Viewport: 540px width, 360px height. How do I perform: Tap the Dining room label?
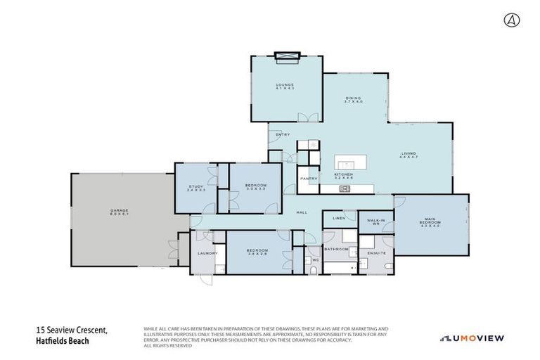353,98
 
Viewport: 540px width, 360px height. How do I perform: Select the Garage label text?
117,209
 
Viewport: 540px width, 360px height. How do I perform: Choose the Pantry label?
309,179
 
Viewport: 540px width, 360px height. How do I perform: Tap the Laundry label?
206,252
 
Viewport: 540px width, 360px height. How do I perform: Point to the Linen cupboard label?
337,219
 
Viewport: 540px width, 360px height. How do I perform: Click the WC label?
316,260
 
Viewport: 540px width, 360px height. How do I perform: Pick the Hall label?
302,212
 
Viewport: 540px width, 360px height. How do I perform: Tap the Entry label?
283,135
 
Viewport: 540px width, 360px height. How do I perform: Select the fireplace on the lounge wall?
287,56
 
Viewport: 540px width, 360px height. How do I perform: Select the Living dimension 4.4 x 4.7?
409,157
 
